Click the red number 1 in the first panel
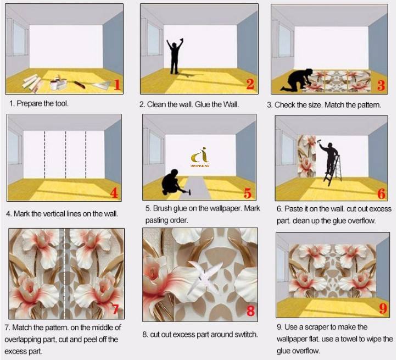coord(116,85)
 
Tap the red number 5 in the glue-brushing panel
coord(247,193)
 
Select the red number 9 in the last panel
coord(383,308)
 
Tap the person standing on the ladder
coord(329,157)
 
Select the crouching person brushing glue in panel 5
coord(173,182)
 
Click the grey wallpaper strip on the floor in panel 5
coord(196,188)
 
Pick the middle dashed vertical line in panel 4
coord(65,154)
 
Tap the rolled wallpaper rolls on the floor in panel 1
coord(32,82)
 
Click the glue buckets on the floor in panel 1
coord(58,82)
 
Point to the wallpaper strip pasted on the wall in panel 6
coord(307,156)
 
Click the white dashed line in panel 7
coord(64,274)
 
